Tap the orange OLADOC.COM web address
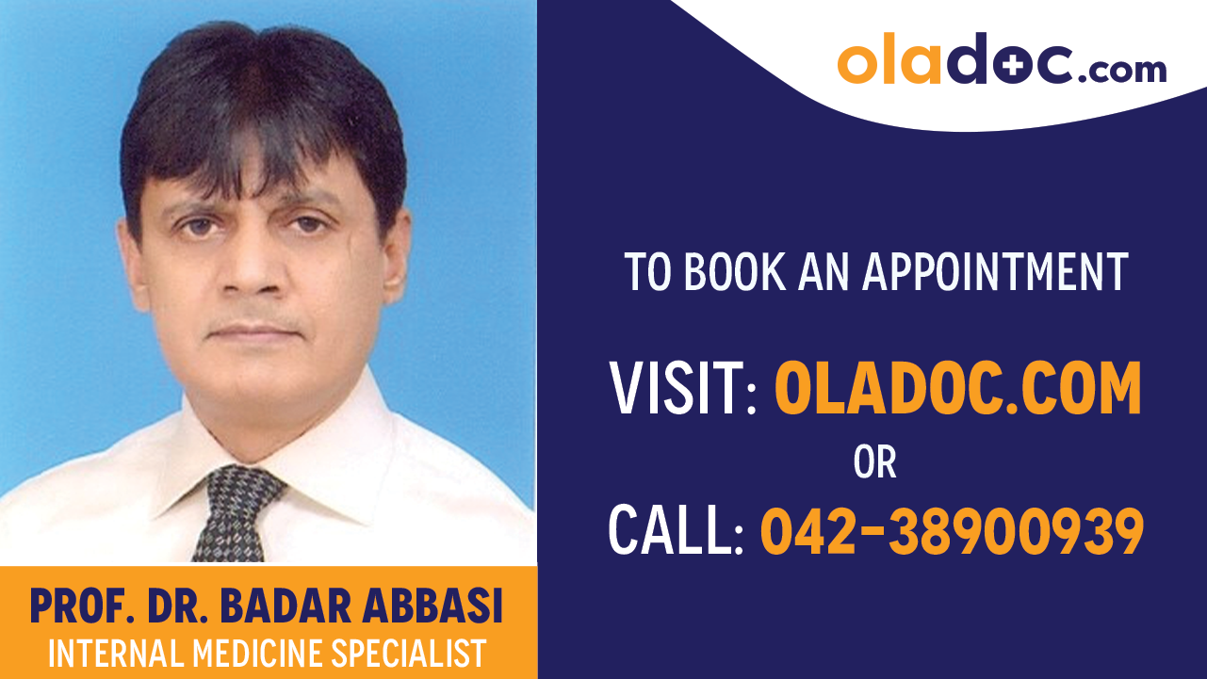click(957, 390)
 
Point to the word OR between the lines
click(874, 462)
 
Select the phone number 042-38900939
click(952, 530)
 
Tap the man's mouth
click(255, 332)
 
